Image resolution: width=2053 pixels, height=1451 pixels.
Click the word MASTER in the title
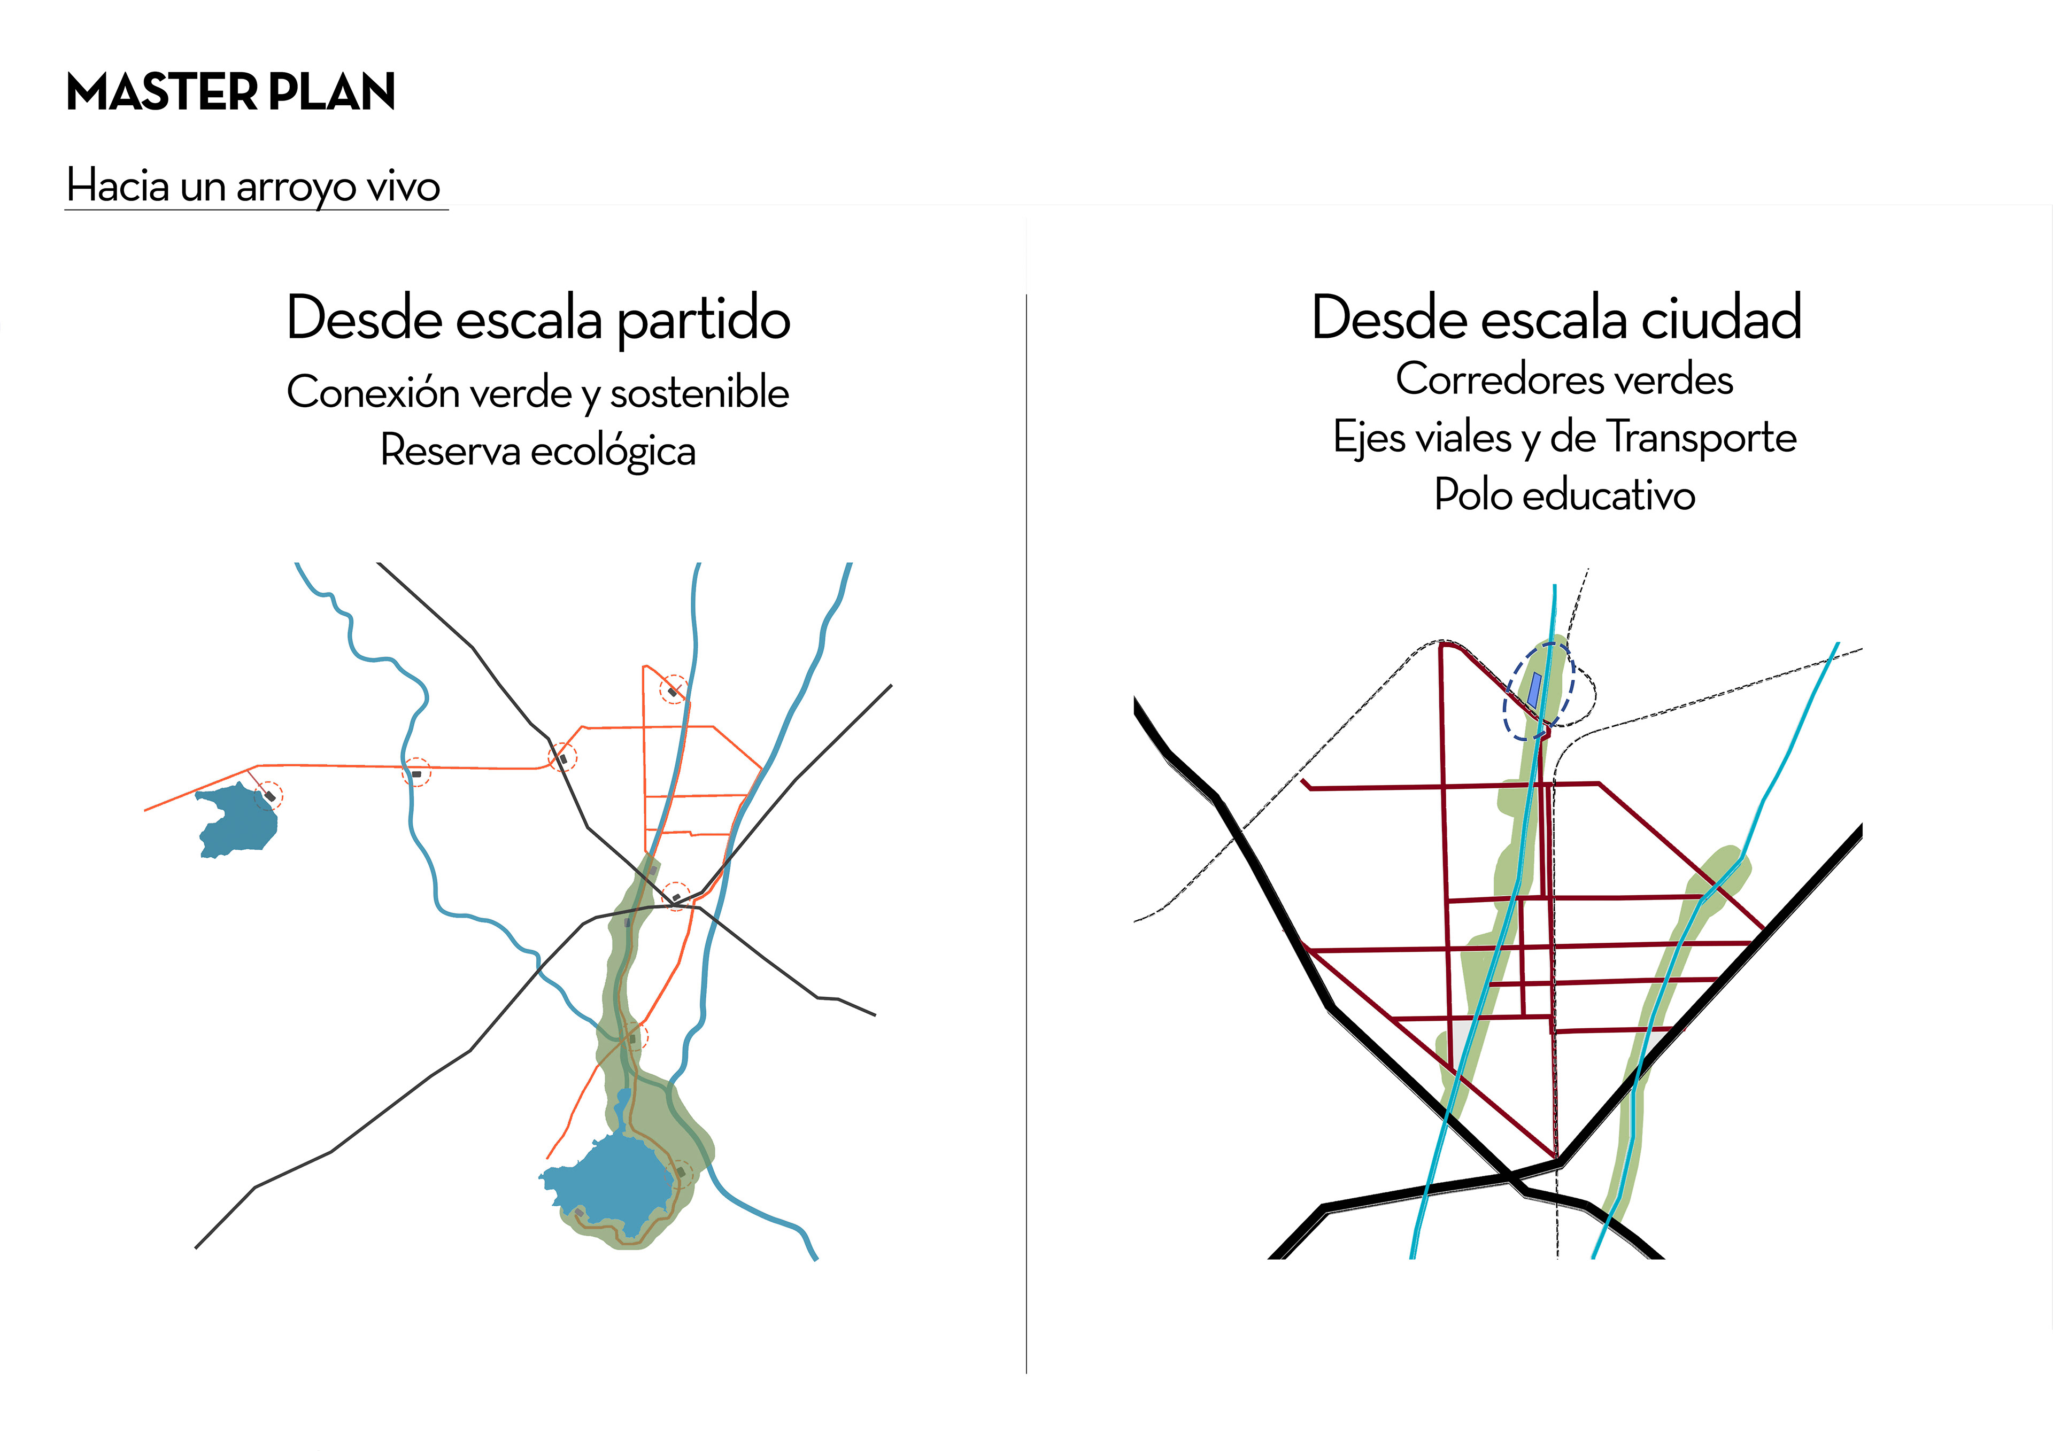[x=162, y=93]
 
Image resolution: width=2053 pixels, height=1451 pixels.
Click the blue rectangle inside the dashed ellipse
[x=1533, y=690]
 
